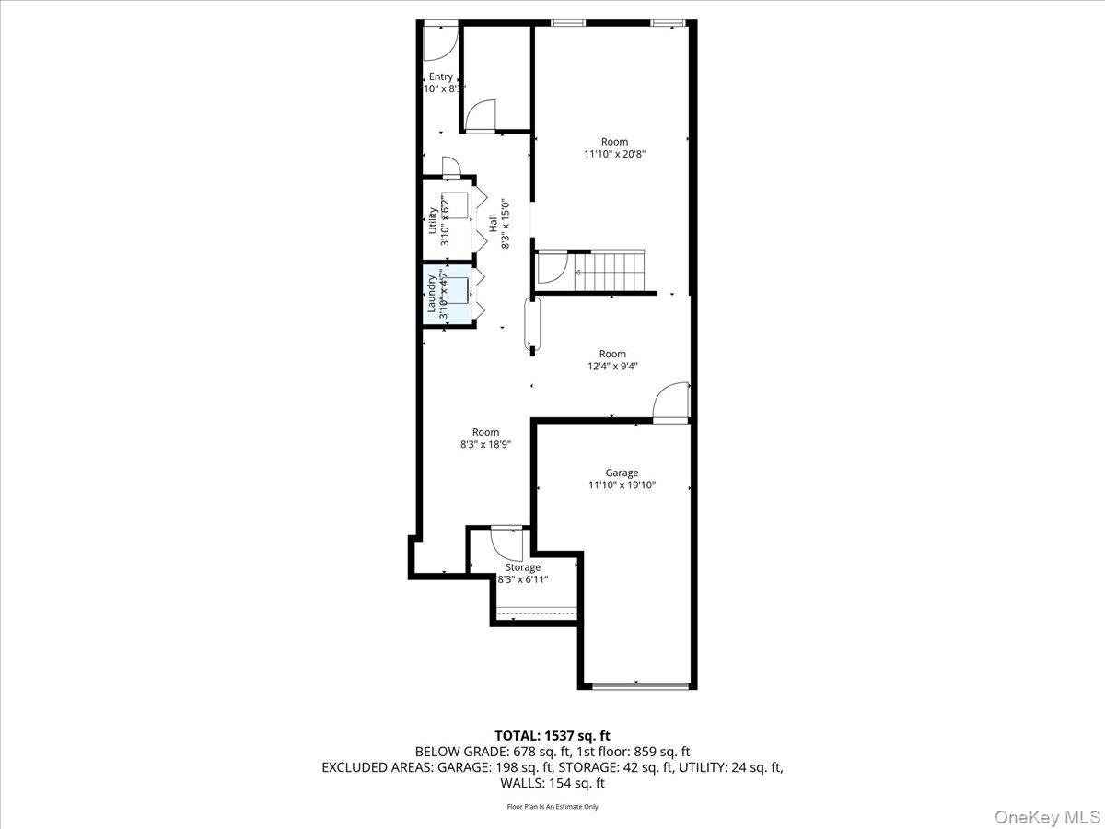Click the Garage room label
(622, 473)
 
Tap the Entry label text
(440, 76)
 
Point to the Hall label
(494, 222)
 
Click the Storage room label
(522, 567)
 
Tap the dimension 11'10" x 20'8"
(614, 155)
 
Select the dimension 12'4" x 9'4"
(612, 366)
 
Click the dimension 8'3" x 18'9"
(485, 444)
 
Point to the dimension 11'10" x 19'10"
(622, 485)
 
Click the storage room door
(506, 543)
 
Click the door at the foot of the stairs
(551, 269)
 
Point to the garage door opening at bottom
(638, 684)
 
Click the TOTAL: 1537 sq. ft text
(552, 735)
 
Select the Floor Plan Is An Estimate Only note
(552, 807)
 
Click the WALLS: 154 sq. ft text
(552, 783)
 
